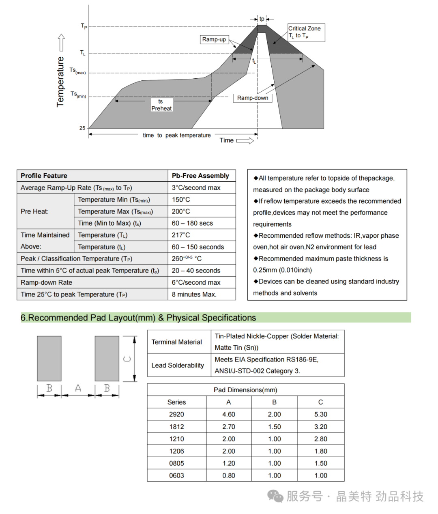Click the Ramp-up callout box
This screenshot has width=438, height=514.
tap(214, 39)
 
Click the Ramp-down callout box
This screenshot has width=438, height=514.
tap(252, 98)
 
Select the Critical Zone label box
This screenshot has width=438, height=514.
tap(306, 32)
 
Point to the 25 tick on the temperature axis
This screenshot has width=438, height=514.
tap(82, 128)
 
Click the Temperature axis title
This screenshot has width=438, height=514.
tap(60, 82)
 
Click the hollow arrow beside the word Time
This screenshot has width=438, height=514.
tap(245, 141)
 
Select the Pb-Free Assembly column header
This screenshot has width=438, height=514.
tap(200, 176)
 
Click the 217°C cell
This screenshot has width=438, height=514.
tap(181, 235)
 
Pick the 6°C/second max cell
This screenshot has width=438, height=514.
tap(196, 282)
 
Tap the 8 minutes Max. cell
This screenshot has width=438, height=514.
tap(194, 294)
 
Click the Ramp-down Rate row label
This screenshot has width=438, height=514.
tap(46, 282)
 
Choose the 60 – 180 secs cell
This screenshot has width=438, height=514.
tap(192, 223)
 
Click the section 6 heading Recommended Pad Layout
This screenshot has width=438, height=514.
tap(138, 318)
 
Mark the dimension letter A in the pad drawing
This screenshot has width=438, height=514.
tap(78, 388)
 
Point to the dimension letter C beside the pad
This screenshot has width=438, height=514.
tap(127, 359)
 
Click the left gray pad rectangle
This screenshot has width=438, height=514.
tap(49, 358)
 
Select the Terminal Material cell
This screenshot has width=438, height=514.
tap(177, 342)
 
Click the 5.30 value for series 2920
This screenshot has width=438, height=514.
tap(320, 414)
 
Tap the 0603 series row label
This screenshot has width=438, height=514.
tap(176, 475)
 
